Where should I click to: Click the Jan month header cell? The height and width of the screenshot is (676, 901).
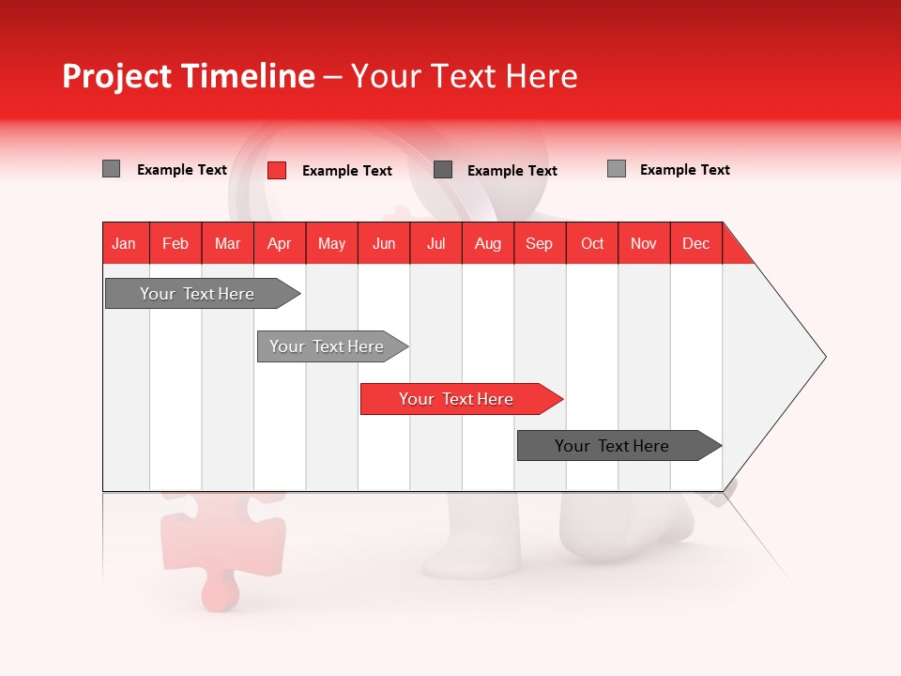click(125, 243)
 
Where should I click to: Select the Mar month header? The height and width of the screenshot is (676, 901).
click(227, 243)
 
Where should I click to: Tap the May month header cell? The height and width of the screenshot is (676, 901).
click(331, 243)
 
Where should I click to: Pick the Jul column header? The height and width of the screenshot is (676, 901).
click(435, 243)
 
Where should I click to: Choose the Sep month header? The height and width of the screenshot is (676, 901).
click(539, 243)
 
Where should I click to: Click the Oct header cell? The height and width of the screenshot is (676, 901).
click(592, 243)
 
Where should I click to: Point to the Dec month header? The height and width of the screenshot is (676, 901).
click(695, 243)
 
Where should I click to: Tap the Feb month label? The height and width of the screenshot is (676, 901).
click(176, 243)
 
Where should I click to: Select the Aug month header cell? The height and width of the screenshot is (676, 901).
click(487, 243)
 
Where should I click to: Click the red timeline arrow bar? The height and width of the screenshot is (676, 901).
click(460, 399)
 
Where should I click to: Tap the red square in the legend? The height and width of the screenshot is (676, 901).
click(276, 170)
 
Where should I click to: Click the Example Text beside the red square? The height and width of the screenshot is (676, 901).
click(346, 171)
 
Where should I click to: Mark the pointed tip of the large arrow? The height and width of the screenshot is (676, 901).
click(823, 356)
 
